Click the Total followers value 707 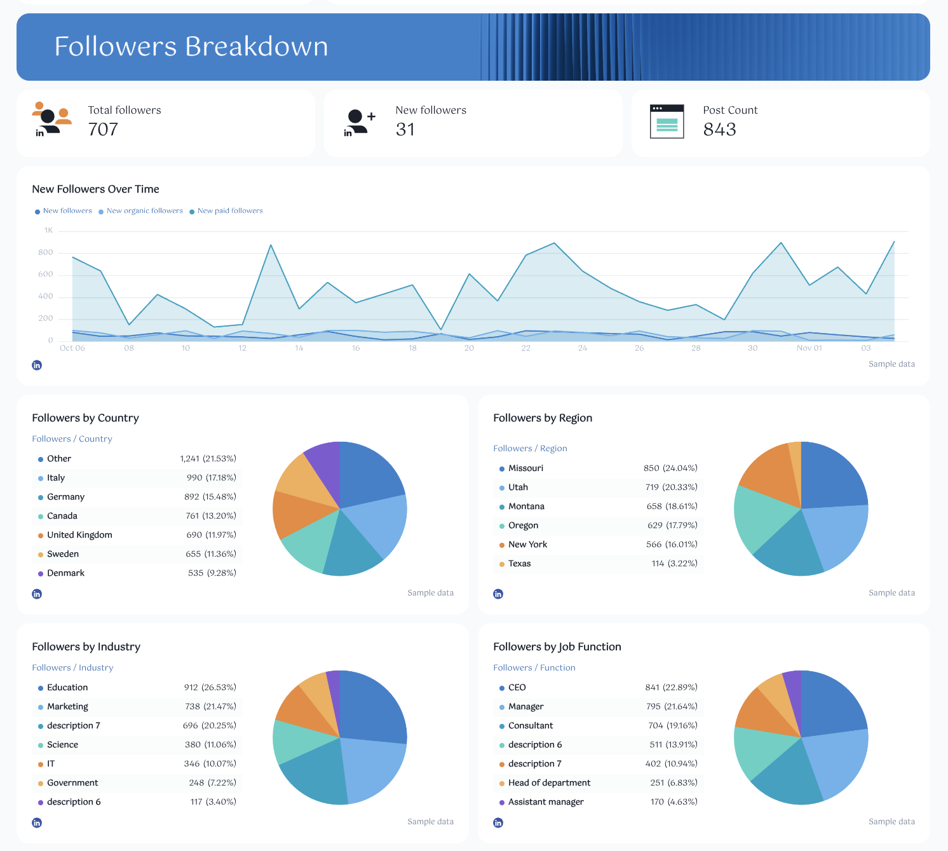pos(103,130)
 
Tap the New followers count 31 pos(405,130)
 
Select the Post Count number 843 pos(719,130)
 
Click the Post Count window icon pos(667,121)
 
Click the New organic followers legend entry pos(144,211)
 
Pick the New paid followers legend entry pos(230,211)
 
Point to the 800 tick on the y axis pos(46,253)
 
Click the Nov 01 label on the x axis pos(809,348)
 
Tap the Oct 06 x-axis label pos(72,348)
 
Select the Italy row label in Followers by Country pos(56,478)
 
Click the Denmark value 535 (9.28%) pos(212,573)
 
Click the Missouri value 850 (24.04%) pos(670,468)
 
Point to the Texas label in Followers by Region pos(519,564)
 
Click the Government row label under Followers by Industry pos(72,783)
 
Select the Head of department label pos(549,783)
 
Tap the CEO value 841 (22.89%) pos(671,688)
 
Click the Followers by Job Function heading pos(557,647)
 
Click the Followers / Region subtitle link pos(530,449)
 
